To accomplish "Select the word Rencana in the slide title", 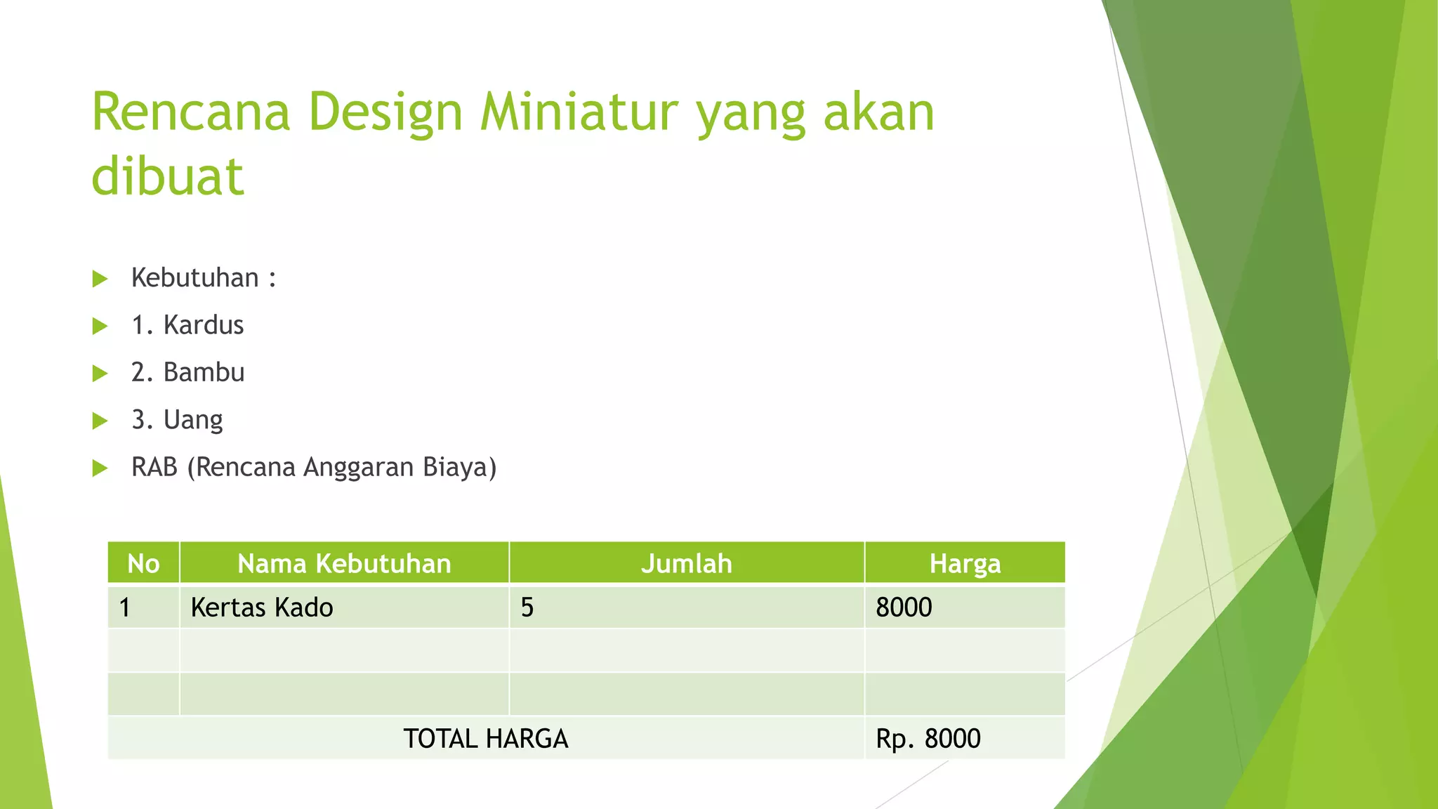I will tap(190, 112).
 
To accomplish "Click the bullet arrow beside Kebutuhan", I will tap(100, 279).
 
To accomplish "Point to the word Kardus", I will tap(204, 325).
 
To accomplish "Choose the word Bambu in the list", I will tap(204, 372).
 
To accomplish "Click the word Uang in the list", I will tap(193, 420).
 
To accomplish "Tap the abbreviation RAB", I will tap(154, 467).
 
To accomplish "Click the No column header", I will tap(143, 563).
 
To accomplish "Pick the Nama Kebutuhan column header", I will tap(344, 563).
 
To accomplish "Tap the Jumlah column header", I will tap(686, 563).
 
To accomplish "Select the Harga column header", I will tap(965, 563).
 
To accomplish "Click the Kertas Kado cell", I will tap(262, 607).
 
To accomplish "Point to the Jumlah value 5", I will tap(527, 607).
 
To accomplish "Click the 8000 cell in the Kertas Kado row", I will tap(904, 607).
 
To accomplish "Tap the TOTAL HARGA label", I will tap(485, 739).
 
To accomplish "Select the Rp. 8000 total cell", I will tap(928, 739).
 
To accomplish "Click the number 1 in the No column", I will tap(125, 607).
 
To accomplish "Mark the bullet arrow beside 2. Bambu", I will tap(100, 373).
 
